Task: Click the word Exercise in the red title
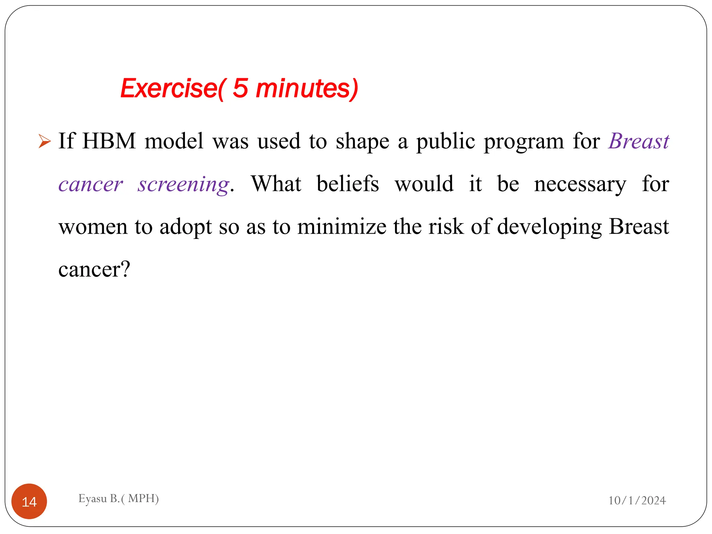(169, 88)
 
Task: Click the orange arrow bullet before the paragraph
(44, 141)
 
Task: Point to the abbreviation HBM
(109, 141)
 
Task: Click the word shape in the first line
(362, 142)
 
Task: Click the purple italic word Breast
(639, 141)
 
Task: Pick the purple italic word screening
(184, 184)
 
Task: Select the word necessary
(580, 184)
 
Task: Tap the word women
(93, 227)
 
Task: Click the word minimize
(342, 226)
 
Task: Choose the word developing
(549, 227)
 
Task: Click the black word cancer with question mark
(94, 269)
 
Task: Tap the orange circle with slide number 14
(29, 501)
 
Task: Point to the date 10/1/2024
(637, 500)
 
